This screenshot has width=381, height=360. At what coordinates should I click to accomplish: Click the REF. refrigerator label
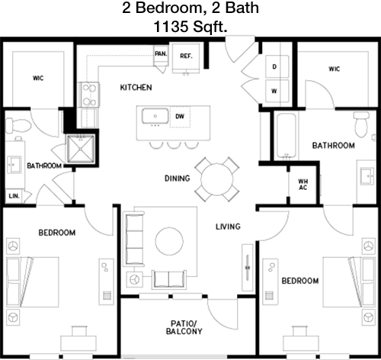tap(186, 56)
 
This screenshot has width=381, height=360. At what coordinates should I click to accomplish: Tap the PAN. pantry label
tap(161, 54)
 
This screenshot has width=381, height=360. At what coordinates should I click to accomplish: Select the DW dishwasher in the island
tap(180, 117)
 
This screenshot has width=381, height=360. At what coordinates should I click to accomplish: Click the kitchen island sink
tap(155, 116)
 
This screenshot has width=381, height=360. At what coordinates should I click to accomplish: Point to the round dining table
tap(217, 179)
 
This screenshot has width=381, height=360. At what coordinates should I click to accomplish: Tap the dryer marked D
tap(277, 66)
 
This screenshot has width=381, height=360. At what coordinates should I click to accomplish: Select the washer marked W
tap(277, 91)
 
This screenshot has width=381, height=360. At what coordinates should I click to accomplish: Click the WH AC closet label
tap(303, 185)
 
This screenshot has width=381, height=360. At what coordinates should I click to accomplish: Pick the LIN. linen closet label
tap(14, 196)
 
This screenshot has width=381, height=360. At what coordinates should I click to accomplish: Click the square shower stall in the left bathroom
tap(81, 149)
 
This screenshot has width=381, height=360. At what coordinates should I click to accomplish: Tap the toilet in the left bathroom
tap(18, 125)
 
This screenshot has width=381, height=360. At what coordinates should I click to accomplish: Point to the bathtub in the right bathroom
tap(287, 135)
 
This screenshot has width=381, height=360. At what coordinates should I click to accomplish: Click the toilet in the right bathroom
tap(361, 124)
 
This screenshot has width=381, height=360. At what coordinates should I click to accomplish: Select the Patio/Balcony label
tap(184, 327)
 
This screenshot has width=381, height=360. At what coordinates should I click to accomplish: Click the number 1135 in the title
tap(171, 27)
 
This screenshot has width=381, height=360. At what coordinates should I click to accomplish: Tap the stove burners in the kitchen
tap(90, 95)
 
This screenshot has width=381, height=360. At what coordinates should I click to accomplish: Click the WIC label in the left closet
tap(38, 78)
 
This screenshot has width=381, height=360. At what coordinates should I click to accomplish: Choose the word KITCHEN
tap(136, 88)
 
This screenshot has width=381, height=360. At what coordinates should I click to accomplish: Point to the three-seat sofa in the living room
tap(134, 239)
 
